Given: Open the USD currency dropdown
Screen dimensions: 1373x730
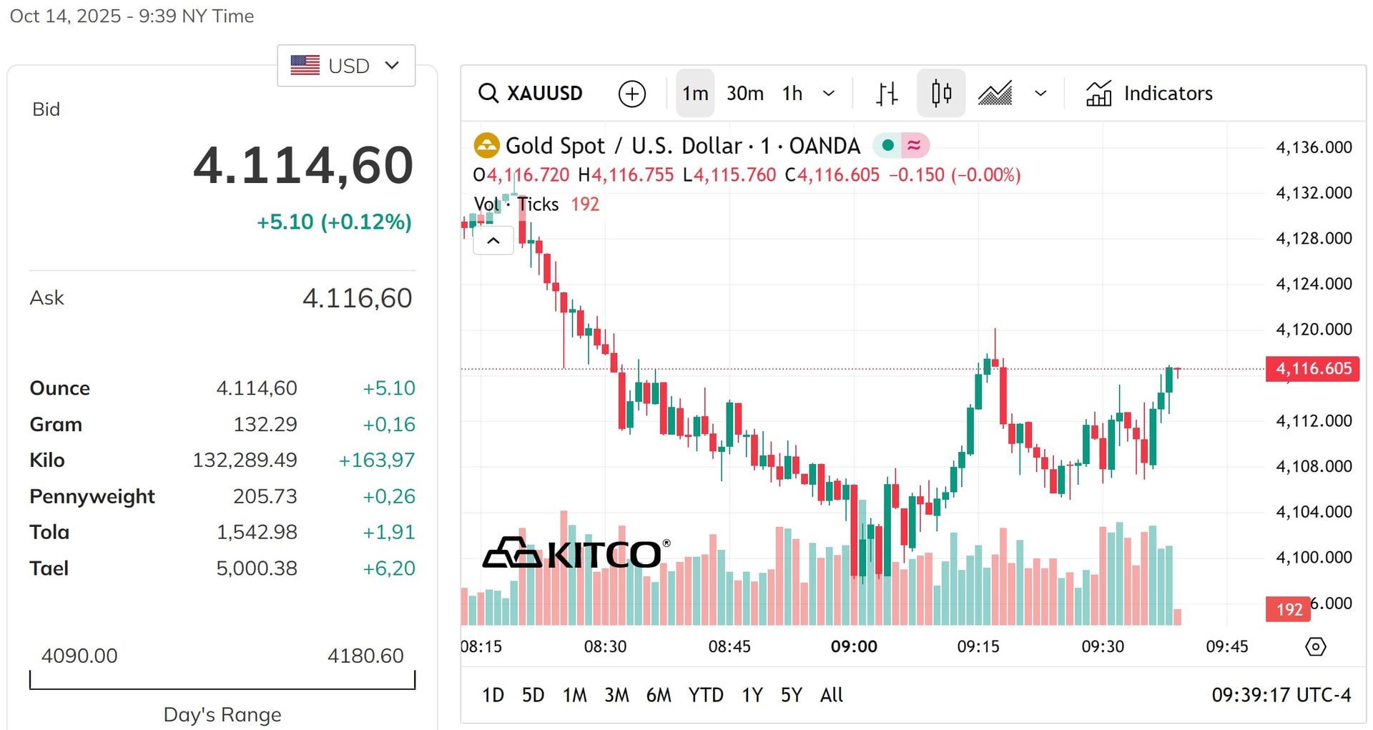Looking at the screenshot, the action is click(x=346, y=66).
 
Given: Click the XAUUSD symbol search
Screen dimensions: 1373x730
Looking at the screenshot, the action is click(x=531, y=94).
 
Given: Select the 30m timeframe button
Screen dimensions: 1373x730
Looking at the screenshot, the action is click(x=745, y=94).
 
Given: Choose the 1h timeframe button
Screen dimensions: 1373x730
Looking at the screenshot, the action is click(x=792, y=94).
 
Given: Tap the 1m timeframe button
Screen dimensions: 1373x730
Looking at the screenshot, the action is click(x=695, y=94).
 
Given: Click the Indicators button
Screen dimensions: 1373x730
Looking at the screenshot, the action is click(x=1149, y=94).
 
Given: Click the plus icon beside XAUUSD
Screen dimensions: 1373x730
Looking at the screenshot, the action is click(x=632, y=94).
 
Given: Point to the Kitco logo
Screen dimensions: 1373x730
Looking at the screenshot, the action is click(x=576, y=553).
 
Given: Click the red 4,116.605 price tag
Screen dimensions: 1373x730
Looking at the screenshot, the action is click(x=1312, y=369).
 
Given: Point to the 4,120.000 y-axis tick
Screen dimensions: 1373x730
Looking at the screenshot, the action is click(x=1314, y=330).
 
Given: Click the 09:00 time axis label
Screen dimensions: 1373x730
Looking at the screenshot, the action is click(x=854, y=647).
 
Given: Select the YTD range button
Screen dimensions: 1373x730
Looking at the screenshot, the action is click(x=706, y=695).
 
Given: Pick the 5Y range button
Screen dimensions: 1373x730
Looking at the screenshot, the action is click(x=791, y=695).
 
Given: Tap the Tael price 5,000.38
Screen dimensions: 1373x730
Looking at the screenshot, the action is click(x=257, y=568).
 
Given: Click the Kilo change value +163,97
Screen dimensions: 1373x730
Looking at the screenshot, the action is click(x=377, y=460).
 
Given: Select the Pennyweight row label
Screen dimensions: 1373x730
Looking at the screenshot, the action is click(x=92, y=497).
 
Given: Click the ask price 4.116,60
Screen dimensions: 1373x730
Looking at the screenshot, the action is click(x=358, y=298).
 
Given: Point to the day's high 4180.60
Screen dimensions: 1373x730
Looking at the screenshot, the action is click(x=365, y=656).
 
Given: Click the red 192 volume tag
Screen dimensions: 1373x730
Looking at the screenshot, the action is click(x=1289, y=609).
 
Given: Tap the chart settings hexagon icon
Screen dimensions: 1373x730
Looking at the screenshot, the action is click(x=1316, y=647).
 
